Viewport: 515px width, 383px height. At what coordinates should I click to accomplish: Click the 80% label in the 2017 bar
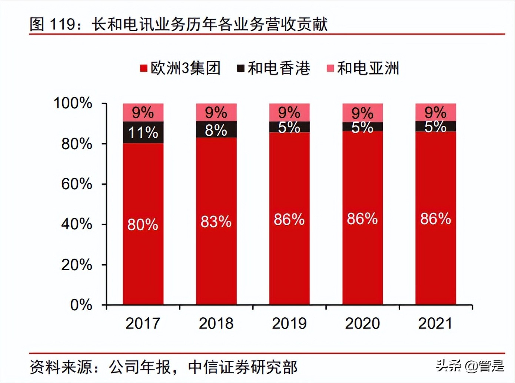tap(143, 225)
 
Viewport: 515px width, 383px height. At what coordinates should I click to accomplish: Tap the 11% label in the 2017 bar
tap(143, 132)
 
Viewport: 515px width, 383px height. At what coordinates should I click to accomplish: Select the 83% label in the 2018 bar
tap(216, 222)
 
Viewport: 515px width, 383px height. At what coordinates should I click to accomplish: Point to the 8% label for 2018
tap(216, 130)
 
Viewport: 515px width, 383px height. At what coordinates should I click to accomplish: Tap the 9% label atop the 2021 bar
tap(435, 112)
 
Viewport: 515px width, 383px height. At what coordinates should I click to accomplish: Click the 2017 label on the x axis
tap(143, 323)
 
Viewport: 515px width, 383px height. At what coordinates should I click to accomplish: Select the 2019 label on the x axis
tap(289, 323)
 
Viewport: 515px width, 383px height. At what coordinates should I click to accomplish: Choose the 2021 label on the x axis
tap(435, 323)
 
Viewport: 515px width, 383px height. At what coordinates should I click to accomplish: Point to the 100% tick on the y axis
tap(73, 103)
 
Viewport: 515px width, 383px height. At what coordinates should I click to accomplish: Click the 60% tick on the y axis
tap(77, 184)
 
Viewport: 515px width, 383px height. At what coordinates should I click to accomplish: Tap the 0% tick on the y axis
tap(81, 305)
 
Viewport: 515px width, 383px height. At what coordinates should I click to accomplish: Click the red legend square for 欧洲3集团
tap(144, 68)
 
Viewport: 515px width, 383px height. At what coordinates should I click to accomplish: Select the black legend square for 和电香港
tap(241, 68)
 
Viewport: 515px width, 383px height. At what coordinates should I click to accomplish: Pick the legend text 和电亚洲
tap(368, 68)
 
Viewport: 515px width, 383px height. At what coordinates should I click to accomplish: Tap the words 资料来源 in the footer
tap(61, 367)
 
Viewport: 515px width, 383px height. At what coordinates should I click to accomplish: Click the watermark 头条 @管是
tap(470, 366)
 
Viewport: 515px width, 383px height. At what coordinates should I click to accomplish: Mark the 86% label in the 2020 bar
tap(362, 219)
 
